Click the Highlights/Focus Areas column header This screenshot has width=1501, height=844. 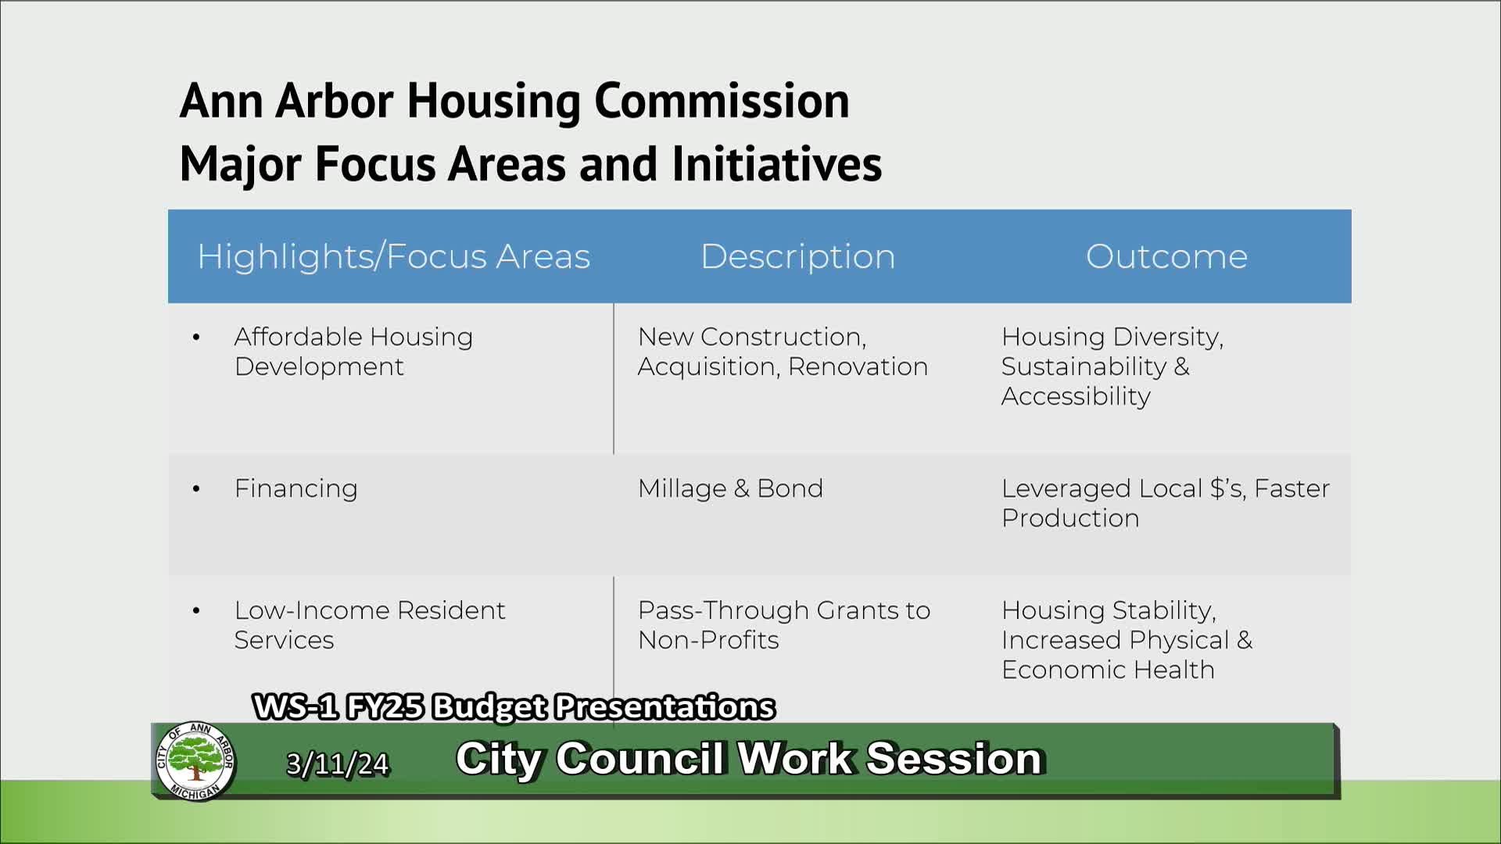click(393, 256)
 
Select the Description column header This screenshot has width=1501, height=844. click(797, 256)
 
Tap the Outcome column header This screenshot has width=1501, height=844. click(1166, 256)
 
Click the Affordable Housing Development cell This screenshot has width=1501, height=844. click(353, 352)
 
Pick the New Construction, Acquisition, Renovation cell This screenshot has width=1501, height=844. click(783, 352)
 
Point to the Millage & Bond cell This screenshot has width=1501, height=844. click(730, 488)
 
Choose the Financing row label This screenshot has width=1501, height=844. click(296, 488)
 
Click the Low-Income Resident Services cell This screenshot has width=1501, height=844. click(369, 624)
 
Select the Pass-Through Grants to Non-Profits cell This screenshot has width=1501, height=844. click(783, 624)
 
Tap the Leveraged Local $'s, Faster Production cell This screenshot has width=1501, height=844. click(1165, 503)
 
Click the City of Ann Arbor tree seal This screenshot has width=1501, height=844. click(195, 761)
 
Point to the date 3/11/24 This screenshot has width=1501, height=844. click(337, 764)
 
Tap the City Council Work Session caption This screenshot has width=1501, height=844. click(749, 758)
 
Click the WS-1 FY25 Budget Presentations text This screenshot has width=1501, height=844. click(514, 706)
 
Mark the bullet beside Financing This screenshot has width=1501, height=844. click(196, 489)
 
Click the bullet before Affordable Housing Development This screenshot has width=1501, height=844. click(196, 338)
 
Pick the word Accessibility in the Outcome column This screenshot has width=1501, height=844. click(1076, 396)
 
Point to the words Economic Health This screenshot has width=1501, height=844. click(1108, 670)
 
